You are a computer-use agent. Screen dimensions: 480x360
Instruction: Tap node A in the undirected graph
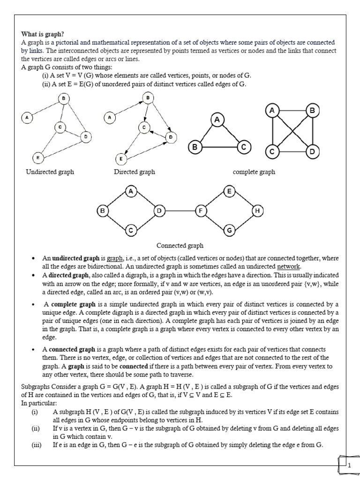pos(27,118)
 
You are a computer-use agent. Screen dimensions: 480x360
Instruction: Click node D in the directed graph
pos(171,136)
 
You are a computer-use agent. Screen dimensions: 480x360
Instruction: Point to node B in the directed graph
pos(148,97)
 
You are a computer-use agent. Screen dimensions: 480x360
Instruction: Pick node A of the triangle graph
pos(217,120)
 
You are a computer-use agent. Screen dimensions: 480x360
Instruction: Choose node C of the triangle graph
pos(243,147)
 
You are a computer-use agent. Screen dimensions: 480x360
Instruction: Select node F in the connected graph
pos(201,211)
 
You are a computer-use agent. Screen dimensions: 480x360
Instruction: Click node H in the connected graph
pos(257,211)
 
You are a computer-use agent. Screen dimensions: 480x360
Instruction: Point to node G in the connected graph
pos(229,231)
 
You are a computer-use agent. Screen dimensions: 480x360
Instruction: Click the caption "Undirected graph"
pos(50,172)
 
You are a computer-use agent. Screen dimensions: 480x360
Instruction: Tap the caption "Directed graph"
pos(134,172)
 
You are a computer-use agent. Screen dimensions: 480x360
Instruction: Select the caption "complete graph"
pos(254,172)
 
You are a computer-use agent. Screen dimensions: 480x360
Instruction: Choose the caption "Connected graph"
pos(180,245)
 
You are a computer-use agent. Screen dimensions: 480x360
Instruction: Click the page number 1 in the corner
pos(349,465)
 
